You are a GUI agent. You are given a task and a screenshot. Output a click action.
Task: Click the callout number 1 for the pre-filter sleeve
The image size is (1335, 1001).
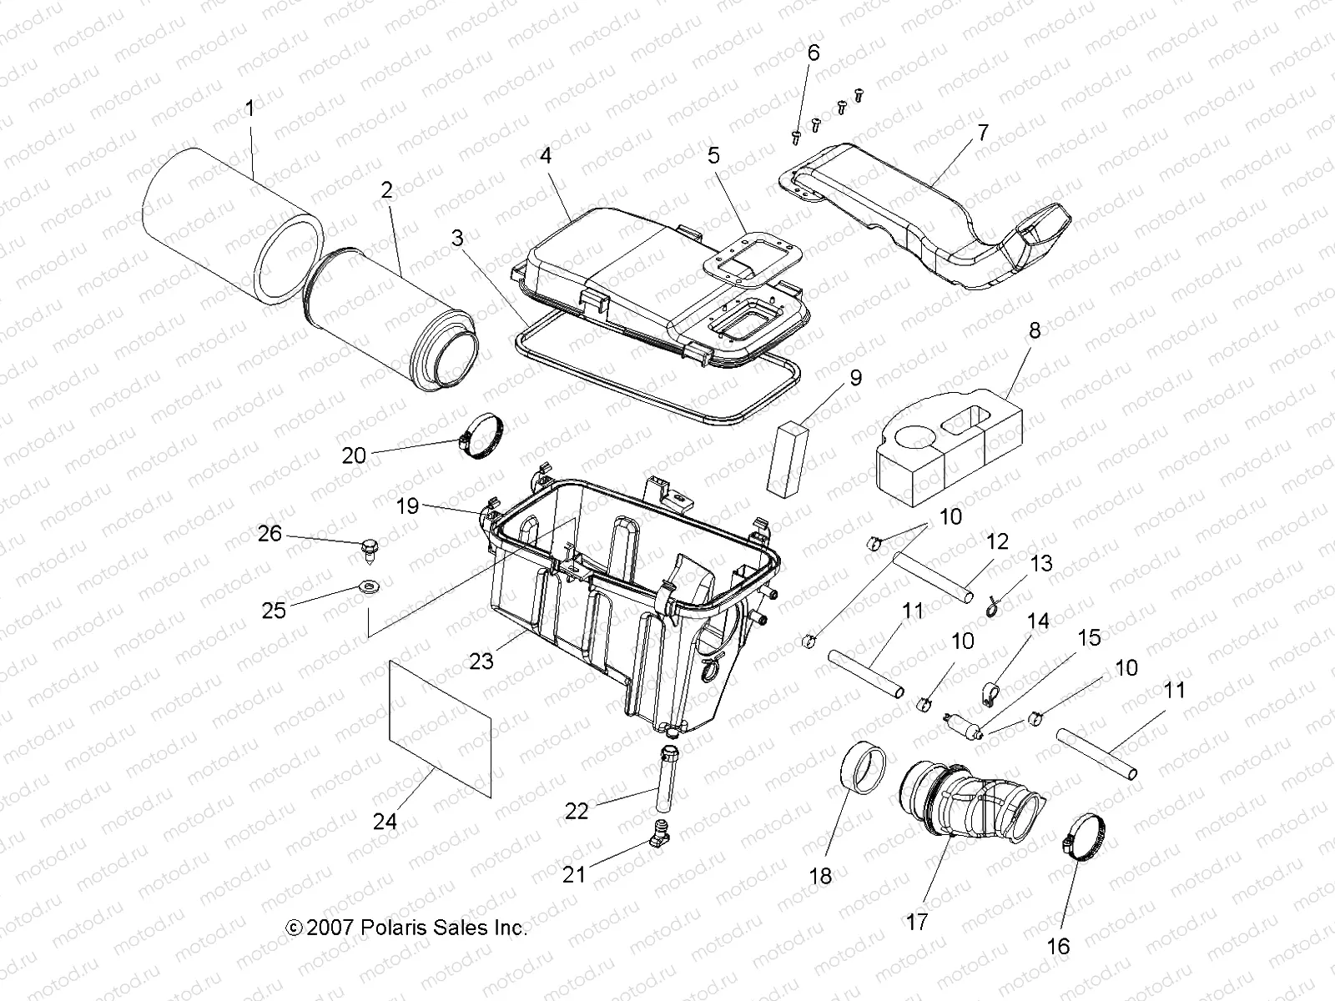(x=249, y=108)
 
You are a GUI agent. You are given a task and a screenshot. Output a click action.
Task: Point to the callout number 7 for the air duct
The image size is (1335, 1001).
(x=983, y=133)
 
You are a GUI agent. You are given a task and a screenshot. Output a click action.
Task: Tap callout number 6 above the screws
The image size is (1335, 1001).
(x=813, y=53)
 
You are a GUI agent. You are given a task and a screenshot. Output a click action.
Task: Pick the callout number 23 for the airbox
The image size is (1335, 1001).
(x=481, y=661)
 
